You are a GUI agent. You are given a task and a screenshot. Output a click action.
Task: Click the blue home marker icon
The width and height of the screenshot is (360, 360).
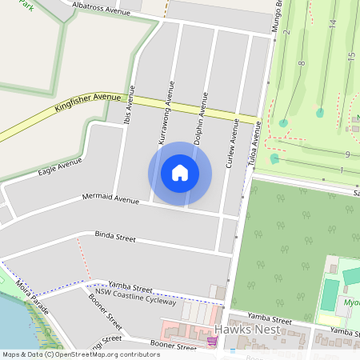tap(180, 173)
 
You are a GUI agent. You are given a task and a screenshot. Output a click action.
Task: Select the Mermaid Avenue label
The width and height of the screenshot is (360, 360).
tap(110, 198)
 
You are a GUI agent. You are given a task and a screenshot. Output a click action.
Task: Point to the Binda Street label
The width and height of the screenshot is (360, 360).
tap(115, 238)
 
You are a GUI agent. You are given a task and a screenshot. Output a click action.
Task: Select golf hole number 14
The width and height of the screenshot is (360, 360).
tap(332, 24)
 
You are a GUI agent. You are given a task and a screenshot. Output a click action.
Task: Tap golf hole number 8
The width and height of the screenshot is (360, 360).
tap(302, 62)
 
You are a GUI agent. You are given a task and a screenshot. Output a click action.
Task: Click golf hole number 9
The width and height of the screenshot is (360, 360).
tap(347, 154)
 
